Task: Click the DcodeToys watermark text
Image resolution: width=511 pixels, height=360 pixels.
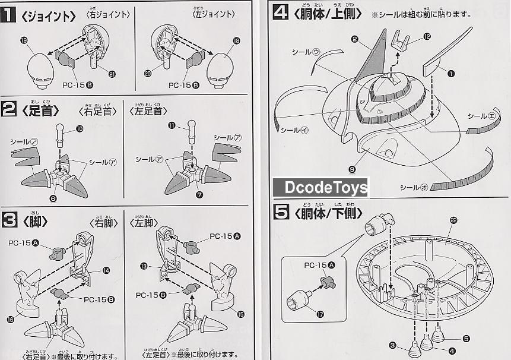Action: (321, 188)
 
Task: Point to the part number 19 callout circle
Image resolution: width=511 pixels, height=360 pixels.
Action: (24, 40)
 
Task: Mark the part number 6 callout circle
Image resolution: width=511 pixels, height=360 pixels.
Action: (53, 198)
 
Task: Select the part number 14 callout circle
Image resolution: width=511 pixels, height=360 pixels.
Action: (106, 270)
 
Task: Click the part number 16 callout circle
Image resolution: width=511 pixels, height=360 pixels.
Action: (9, 320)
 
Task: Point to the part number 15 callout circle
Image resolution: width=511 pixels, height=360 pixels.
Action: (240, 314)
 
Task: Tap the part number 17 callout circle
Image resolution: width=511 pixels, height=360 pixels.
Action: (321, 314)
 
